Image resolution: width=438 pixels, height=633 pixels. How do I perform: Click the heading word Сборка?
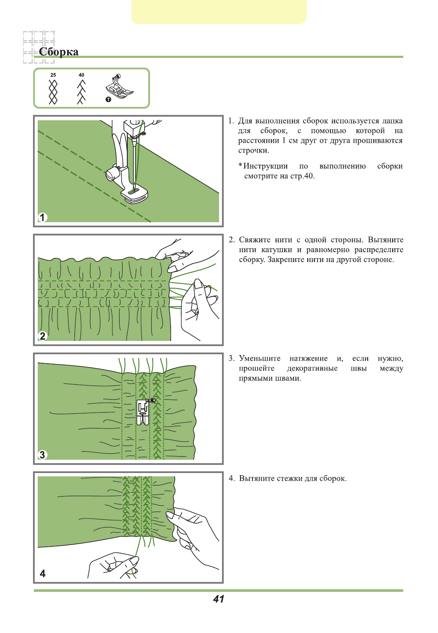[58, 52]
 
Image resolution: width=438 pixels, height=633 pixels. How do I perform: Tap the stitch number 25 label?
[53, 75]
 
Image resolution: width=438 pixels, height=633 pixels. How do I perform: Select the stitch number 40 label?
[81, 75]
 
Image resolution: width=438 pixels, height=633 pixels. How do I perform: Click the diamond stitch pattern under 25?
[53, 91]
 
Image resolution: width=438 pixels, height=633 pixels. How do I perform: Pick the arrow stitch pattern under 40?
[81, 91]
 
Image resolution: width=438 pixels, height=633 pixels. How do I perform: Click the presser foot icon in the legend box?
[119, 87]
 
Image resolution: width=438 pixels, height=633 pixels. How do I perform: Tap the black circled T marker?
[108, 99]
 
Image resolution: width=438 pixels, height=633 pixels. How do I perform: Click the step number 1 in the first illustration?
[42, 217]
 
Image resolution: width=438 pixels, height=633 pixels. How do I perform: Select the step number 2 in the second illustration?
[42, 336]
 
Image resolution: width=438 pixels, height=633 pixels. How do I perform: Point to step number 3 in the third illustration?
[42, 455]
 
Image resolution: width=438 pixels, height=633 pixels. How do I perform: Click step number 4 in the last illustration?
[42, 573]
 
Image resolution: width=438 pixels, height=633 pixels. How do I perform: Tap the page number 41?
[219, 599]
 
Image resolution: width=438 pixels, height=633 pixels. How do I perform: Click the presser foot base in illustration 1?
[135, 195]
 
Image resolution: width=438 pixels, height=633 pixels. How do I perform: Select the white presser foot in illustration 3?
[143, 412]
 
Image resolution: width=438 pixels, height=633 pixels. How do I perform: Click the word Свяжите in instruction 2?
[255, 240]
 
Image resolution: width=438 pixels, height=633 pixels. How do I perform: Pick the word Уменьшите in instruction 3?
[260, 359]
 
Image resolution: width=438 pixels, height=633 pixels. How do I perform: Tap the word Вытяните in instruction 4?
[256, 478]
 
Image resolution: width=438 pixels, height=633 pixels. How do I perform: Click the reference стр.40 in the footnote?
[303, 176]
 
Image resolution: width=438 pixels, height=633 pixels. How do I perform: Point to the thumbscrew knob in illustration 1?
[112, 173]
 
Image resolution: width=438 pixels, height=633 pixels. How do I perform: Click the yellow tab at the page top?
[219, 12]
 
